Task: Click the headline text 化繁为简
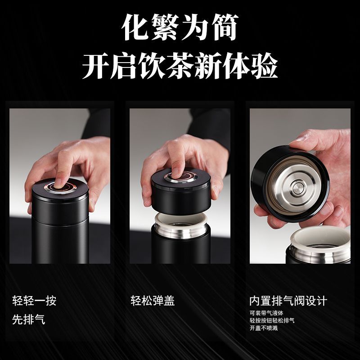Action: [180, 27]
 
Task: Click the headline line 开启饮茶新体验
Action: [180, 66]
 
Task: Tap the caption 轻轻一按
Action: [34, 301]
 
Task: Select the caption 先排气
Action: [29, 319]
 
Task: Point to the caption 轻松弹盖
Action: [153, 301]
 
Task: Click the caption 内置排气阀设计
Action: [288, 301]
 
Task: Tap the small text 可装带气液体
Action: [266, 313]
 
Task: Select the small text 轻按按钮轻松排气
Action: [272, 320]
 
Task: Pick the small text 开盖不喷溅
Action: [264, 328]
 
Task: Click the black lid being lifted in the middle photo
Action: [181, 192]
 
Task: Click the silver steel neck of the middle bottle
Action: [181, 231]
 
